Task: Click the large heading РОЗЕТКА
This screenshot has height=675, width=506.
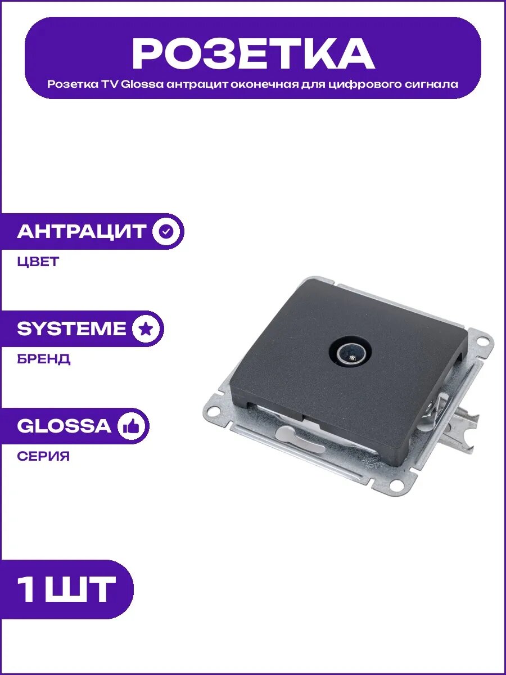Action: pyautogui.click(x=253, y=54)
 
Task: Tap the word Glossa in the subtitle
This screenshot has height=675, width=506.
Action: pyautogui.click(x=142, y=84)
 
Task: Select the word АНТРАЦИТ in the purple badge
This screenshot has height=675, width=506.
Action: pyautogui.click(x=81, y=231)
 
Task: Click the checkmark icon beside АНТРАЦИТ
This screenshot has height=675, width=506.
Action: pyautogui.click(x=166, y=231)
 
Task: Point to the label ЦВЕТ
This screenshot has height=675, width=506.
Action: pyautogui.click(x=38, y=262)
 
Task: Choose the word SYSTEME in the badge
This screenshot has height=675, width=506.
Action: pyautogui.click(x=71, y=328)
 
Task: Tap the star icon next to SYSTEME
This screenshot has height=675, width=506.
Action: pyautogui.click(x=146, y=328)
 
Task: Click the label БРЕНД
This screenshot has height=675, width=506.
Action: pyautogui.click(x=44, y=359)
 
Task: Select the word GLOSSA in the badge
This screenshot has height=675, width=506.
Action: pyautogui.click(x=64, y=426)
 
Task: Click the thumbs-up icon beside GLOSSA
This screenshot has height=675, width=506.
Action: pyautogui.click(x=131, y=426)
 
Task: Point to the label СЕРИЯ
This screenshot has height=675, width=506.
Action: pyautogui.click(x=43, y=456)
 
